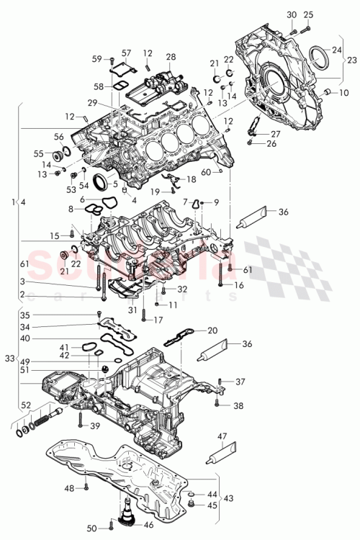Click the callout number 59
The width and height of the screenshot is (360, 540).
pyautogui.click(x=97, y=58)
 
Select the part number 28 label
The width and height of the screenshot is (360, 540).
pyautogui.click(x=171, y=57)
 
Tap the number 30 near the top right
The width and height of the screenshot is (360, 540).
pyautogui.click(x=291, y=15)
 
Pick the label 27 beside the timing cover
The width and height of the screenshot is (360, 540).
pyautogui.click(x=276, y=134)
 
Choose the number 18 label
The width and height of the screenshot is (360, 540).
pyautogui.click(x=191, y=179)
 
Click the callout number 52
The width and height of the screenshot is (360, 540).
pyautogui.click(x=26, y=405)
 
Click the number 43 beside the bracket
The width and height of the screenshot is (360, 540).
pyautogui.click(x=228, y=498)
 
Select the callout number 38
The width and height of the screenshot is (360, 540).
pyautogui.click(x=240, y=405)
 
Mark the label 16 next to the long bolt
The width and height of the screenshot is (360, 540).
pyautogui.click(x=239, y=286)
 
